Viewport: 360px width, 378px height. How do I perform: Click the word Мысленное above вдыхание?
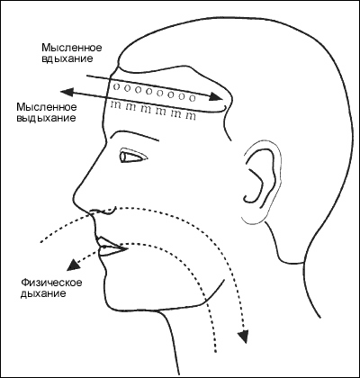pyautogui.click(x=72, y=48)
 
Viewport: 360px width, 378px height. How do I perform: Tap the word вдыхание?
pyautogui.click(x=67, y=58)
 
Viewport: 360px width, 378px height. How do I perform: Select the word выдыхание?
pyautogui.click(x=46, y=118)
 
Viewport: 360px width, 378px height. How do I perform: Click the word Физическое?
pyautogui.click(x=51, y=283)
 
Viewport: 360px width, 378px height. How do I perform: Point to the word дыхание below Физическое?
pyautogui.click(x=43, y=293)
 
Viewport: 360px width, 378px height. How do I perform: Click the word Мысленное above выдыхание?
pyautogui.click(x=47, y=107)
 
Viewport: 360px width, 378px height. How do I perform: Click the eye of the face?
pyautogui.click(x=133, y=156)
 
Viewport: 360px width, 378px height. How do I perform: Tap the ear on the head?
pyautogui.click(x=262, y=183)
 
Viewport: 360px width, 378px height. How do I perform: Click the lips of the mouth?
pyautogui.click(x=110, y=247)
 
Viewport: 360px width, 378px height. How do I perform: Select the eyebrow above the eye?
pyautogui.click(x=134, y=135)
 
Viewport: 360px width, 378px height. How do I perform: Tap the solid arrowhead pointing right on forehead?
pyautogui.click(x=216, y=96)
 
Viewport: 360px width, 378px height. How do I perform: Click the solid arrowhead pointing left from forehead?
pyautogui.click(x=67, y=93)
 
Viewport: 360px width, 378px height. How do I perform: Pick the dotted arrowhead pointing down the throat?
pyautogui.click(x=242, y=336)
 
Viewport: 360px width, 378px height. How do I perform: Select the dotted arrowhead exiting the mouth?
pyautogui.click(x=73, y=264)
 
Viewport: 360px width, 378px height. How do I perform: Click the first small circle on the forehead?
pyautogui.click(x=117, y=87)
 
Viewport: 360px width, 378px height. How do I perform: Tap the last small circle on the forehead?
pyautogui.click(x=193, y=97)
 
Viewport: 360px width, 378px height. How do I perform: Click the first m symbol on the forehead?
pyautogui.click(x=115, y=105)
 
